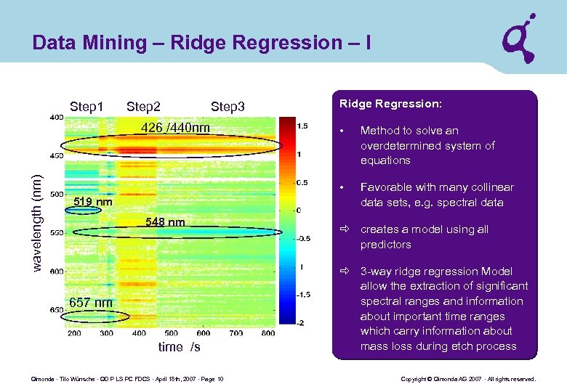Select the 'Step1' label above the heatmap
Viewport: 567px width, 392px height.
pos(87,107)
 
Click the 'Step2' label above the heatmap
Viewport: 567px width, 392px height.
pos(143,107)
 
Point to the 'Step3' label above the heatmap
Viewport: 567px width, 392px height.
pos(228,107)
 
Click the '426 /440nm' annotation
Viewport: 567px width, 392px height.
pos(175,128)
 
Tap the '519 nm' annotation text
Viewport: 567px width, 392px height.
pos(93,201)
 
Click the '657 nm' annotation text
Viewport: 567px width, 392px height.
pos(91,302)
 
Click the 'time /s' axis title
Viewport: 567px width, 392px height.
pos(179,347)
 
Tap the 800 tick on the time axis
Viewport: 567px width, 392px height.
pos(268,333)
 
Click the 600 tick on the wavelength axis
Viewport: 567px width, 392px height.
pos(56,271)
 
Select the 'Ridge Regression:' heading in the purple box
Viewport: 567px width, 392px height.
pos(390,104)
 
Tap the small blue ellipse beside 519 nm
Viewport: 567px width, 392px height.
pos(85,211)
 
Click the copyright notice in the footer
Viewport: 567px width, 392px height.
pos(468,379)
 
